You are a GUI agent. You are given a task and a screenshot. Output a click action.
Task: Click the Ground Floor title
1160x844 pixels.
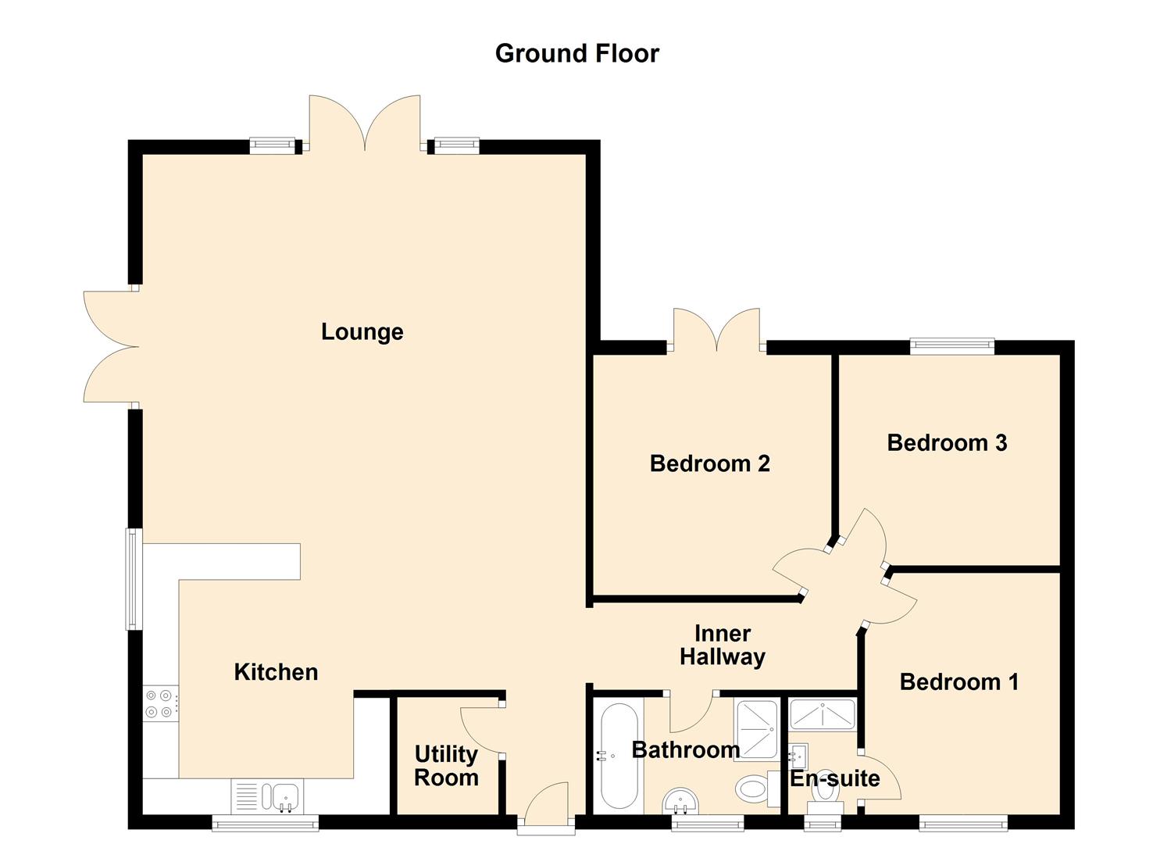point(576,53)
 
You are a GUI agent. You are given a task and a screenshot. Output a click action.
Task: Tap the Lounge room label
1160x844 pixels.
point(362,331)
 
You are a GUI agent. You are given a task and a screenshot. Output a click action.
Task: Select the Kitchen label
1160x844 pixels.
point(276,672)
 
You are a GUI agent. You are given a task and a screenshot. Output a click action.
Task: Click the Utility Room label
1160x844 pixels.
point(446,766)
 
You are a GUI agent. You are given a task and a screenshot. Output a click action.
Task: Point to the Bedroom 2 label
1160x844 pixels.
point(709,463)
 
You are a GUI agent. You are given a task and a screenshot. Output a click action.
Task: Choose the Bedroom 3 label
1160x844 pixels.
point(947,443)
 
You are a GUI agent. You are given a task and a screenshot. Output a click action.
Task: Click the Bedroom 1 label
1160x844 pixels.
point(958,681)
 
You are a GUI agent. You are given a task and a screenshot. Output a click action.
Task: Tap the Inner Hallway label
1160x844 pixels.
point(722,645)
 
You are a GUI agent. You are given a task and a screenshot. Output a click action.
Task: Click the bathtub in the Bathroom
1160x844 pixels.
point(619,756)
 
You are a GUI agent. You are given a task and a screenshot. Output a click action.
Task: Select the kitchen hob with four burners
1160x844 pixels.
point(160,703)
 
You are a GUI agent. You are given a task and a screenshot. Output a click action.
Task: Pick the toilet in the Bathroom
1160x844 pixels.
point(754,788)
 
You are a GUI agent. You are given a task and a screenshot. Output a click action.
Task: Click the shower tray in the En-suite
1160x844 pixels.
point(823,714)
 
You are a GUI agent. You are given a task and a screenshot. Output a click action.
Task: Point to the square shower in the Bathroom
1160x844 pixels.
point(756,729)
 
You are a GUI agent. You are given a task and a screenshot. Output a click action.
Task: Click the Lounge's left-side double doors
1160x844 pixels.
point(109,347)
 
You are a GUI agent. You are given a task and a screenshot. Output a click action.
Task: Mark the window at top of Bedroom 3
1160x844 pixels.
point(951,345)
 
